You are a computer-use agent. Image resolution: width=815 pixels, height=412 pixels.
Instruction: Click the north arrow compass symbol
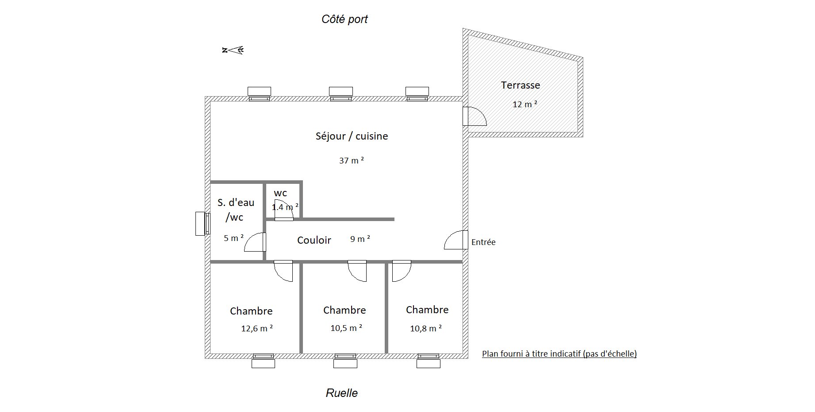point(233,50)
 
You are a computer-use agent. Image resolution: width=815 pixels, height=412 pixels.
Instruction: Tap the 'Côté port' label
point(344,19)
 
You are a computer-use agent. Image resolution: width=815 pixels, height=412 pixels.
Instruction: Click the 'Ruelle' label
point(342,393)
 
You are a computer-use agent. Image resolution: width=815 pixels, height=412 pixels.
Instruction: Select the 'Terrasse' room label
point(520,85)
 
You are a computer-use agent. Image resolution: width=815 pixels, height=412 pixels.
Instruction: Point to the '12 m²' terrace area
point(525,105)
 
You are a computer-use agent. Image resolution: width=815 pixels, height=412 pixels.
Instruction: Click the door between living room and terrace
point(474,116)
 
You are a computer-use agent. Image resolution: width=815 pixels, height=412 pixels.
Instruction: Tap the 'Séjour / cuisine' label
point(352,136)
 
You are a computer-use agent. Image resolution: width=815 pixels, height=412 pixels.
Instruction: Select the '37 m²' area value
point(352,160)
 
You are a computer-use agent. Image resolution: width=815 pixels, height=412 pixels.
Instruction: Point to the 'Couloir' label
point(314,240)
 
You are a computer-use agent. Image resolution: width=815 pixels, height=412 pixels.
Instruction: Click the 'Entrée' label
point(483,242)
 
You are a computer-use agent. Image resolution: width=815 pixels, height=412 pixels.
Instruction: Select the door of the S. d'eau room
point(255,242)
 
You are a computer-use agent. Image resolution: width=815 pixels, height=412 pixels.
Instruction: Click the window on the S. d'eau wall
point(202,224)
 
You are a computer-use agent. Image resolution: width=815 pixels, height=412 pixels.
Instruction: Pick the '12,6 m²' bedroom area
point(257,328)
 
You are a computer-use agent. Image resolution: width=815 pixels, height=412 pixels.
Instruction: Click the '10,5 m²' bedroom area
point(346,328)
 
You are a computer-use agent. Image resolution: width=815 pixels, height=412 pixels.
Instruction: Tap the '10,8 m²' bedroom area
point(426,328)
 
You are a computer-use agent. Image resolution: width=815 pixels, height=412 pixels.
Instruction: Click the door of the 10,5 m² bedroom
point(357,271)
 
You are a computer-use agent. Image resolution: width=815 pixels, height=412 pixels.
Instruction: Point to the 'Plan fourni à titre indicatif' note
point(559,354)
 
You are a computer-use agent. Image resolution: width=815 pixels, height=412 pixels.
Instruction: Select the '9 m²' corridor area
point(360,239)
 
